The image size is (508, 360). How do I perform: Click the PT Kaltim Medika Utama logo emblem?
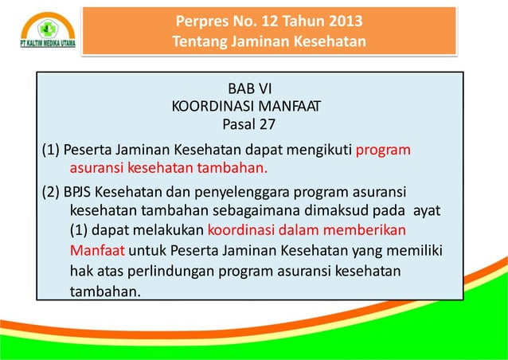point(47,25)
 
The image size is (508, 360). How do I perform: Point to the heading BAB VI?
point(249,88)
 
